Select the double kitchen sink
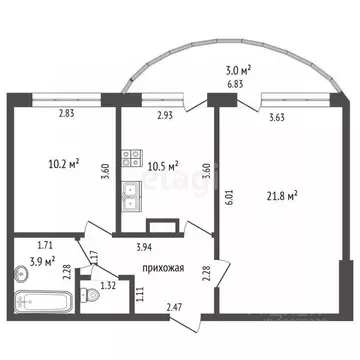tap(130, 196)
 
